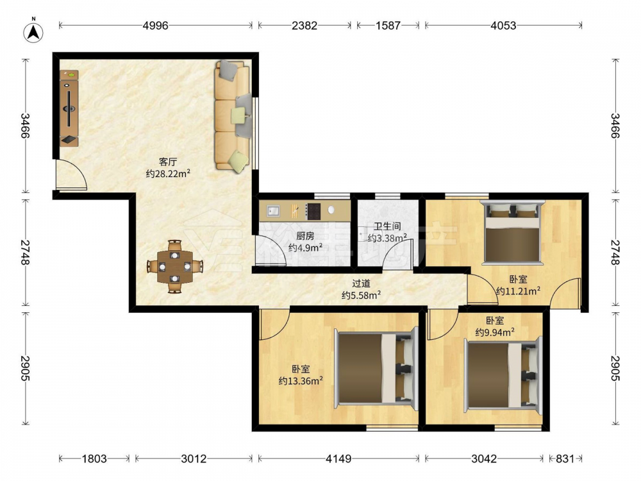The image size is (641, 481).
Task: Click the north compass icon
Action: click(x=33, y=31)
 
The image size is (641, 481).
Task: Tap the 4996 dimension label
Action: click(x=155, y=26)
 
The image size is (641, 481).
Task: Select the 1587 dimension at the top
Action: click(x=388, y=26)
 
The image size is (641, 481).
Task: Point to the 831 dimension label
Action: click(x=565, y=459)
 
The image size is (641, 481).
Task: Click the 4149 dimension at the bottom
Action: click(x=338, y=459)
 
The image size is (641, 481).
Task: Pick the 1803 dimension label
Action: click(x=94, y=459)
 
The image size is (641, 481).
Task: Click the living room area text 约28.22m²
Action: click(x=168, y=174)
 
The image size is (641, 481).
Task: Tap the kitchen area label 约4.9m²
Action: click(x=305, y=248)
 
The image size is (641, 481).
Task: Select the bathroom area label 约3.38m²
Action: click(x=387, y=238)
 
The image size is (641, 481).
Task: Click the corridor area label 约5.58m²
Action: click(x=362, y=295)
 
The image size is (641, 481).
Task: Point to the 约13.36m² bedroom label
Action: click(x=301, y=381)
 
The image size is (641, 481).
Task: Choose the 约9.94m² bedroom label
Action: click(x=495, y=332)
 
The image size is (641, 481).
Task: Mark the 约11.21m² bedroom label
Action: click(x=519, y=291)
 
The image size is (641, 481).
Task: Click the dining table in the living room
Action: click(x=175, y=267)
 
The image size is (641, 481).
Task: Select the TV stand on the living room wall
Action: click(x=69, y=108)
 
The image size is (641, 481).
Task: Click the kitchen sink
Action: click(x=273, y=211)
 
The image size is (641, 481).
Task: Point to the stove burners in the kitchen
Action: click(x=313, y=211)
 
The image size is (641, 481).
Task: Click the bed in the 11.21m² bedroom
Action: click(x=512, y=232)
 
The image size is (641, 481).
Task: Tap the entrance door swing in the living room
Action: click(x=72, y=174)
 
